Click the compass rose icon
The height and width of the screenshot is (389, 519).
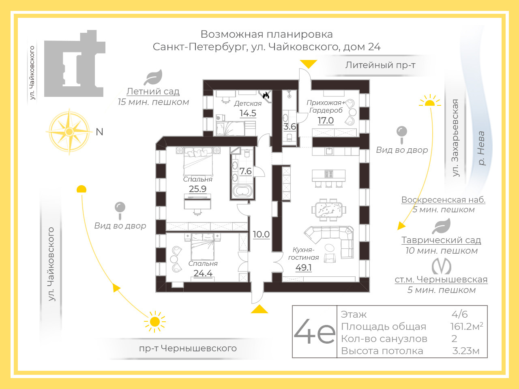click(69, 132)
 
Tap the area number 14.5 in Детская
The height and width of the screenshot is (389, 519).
click(248, 113)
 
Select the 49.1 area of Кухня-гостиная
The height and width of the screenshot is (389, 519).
click(303, 267)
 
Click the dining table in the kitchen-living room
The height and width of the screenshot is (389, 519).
click(328, 209)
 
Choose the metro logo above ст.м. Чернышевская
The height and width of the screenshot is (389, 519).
click(441, 266)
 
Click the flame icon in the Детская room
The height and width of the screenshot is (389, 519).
click(266, 96)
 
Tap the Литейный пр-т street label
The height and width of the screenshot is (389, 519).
click(380, 65)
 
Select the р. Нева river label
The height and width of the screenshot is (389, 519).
click(481, 148)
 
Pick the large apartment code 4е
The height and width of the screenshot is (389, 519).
click(315, 331)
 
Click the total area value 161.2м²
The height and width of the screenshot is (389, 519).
click(466, 326)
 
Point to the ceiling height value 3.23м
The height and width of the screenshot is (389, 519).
click(465, 351)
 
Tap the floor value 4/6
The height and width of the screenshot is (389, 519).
click(459, 314)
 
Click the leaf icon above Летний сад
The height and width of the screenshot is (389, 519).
click(153, 77)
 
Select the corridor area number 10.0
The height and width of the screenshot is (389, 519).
click(261, 234)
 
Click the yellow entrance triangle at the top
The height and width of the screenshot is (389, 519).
click(309, 64)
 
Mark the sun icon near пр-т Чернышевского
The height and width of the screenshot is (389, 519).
click(154, 322)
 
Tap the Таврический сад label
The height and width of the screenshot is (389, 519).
click(441, 240)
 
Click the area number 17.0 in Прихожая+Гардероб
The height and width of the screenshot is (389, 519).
click(326, 120)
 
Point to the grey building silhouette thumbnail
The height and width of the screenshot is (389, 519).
click(74, 64)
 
